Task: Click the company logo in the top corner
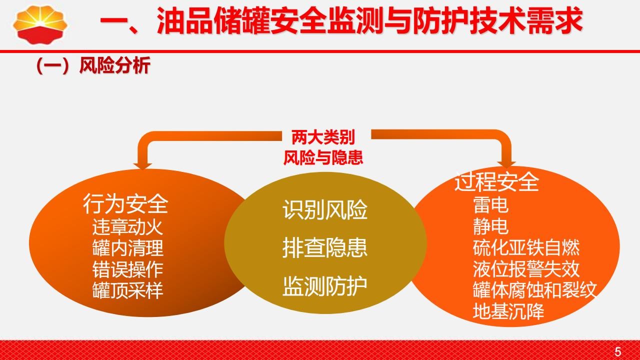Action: (40, 24)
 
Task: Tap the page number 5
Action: (618, 351)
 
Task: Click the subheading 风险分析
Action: (114, 65)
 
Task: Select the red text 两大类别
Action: (323, 137)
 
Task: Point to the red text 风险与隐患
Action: (323, 157)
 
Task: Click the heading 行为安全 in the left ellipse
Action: (125, 203)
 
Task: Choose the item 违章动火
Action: (127, 227)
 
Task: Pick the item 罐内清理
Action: (127, 248)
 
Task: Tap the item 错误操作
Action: (127, 269)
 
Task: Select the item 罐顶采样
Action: (127, 290)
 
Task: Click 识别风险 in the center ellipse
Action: (325, 210)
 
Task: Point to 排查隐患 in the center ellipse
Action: (325, 247)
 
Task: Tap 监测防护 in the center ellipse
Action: (325, 286)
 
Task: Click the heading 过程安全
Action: (496, 181)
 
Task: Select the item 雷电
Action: (490, 205)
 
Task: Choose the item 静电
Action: (490, 226)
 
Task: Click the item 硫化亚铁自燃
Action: (526, 247)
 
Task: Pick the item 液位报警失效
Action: (526, 269)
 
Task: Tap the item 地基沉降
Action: (508, 311)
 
